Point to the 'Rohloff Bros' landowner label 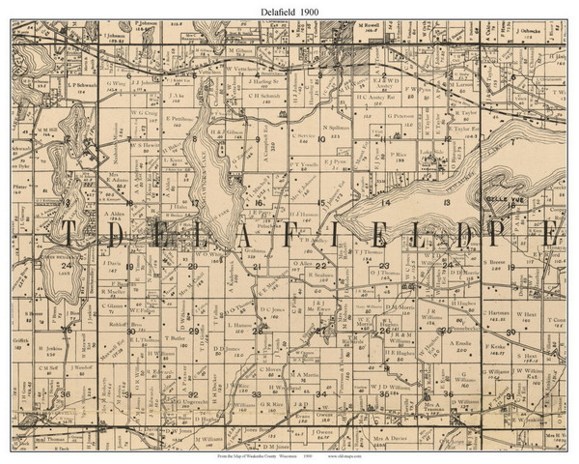click(117, 324)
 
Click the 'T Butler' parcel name click(177, 338)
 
